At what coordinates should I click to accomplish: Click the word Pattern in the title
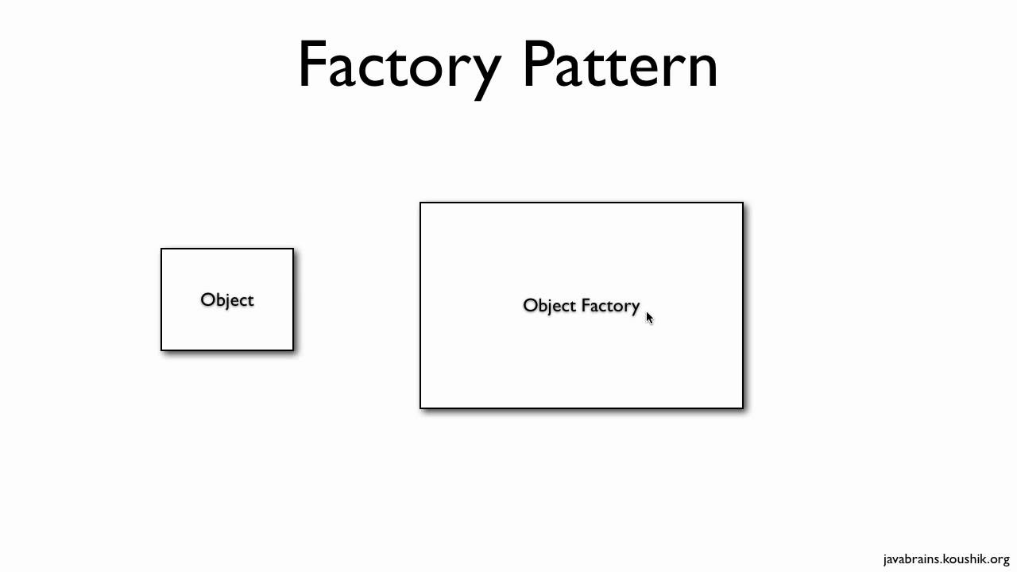pyautogui.click(x=620, y=65)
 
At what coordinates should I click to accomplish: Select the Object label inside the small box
pyautogui.click(x=227, y=300)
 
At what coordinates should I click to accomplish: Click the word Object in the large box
pyautogui.click(x=549, y=306)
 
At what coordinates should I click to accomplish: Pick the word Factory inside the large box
pyautogui.click(x=610, y=306)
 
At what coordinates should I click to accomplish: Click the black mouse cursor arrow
pyautogui.click(x=649, y=318)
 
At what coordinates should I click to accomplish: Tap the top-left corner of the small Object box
pyautogui.click(x=161, y=249)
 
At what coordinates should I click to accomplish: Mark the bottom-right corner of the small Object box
pyautogui.click(x=293, y=350)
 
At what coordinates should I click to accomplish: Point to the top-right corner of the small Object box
pyautogui.click(x=293, y=249)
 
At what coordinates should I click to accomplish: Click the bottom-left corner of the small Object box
pyautogui.click(x=161, y=350)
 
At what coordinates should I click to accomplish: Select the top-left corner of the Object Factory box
pyautogui.click(x=420, y=203)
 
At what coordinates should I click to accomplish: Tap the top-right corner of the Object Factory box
pyautogui.click(x=743, y=203)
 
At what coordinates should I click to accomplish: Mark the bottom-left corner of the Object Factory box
pyautogui.click(x=420, y=408)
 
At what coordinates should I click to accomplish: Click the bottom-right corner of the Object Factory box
pyautogui.click(x=743, y=408)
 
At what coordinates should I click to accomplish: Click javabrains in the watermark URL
pyautogui.click(x=911, y=559)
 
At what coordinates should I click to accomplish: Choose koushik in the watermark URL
pyautogui.click(x=965, y=559)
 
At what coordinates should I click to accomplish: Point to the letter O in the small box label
pyautogui.click(x=207, y=300)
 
